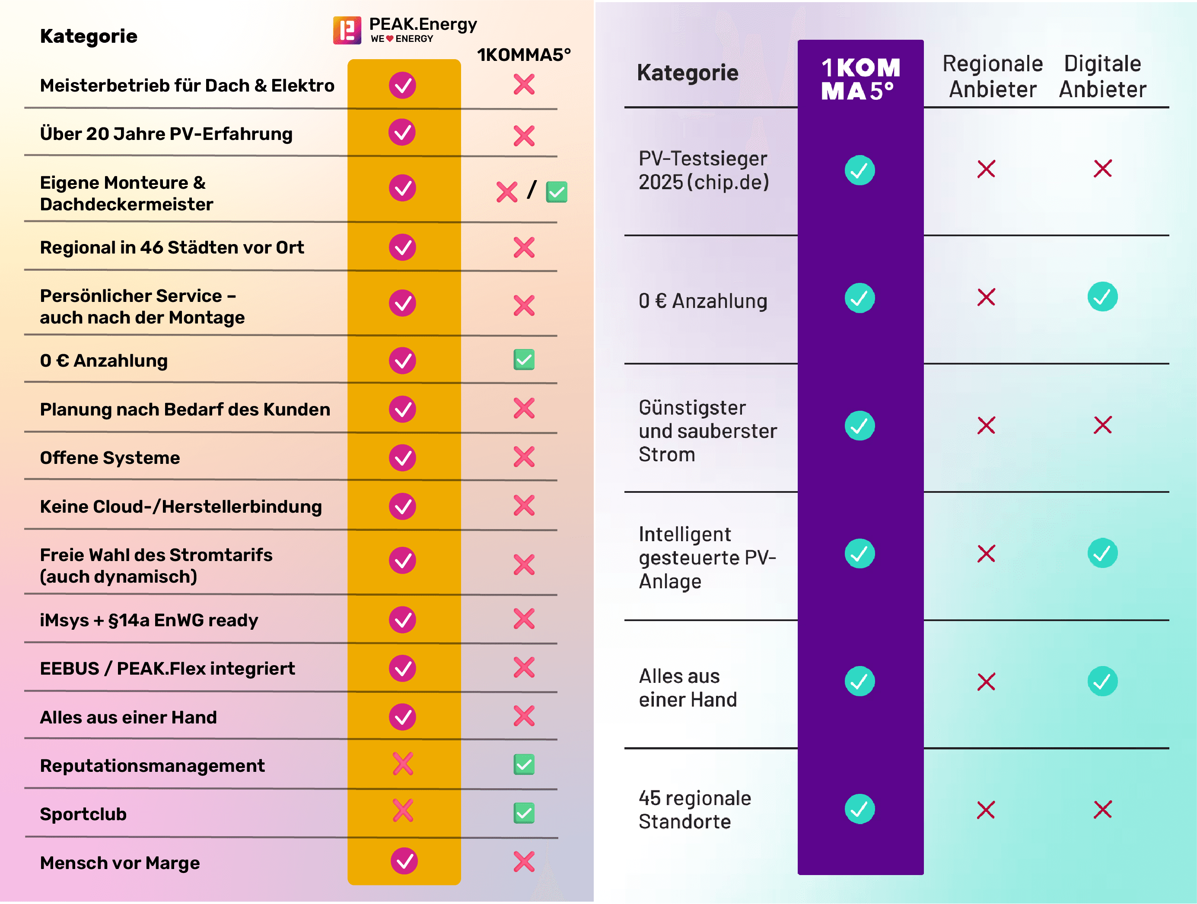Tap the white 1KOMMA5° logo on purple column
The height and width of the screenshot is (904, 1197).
(860, 79)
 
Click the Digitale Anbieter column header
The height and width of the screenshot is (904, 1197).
(1102, 76)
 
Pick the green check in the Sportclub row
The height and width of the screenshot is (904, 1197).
(524, 812)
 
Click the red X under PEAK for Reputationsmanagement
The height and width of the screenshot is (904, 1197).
(403, 764)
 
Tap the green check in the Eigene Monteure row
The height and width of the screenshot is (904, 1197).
(556, 191)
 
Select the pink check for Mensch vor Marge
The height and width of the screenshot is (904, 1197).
(404, 861)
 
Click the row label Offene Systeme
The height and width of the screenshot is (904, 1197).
(110, 458)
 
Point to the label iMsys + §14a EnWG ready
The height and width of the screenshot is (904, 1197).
(149, 620)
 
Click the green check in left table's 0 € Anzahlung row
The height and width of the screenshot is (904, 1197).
(524, 360)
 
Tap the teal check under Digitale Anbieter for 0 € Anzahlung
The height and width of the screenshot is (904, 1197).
(1102, 296)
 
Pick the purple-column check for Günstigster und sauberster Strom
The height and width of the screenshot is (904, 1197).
(860, 426)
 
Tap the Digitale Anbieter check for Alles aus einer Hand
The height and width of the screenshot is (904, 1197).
(1102, 681)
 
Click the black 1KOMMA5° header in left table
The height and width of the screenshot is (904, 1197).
(523, 55)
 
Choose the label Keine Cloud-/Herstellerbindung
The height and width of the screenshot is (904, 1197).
(181, 506)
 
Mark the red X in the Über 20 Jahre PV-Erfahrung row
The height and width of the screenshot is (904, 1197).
(524, 136)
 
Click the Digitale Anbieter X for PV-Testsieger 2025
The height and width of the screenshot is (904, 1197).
(1102, 168)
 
